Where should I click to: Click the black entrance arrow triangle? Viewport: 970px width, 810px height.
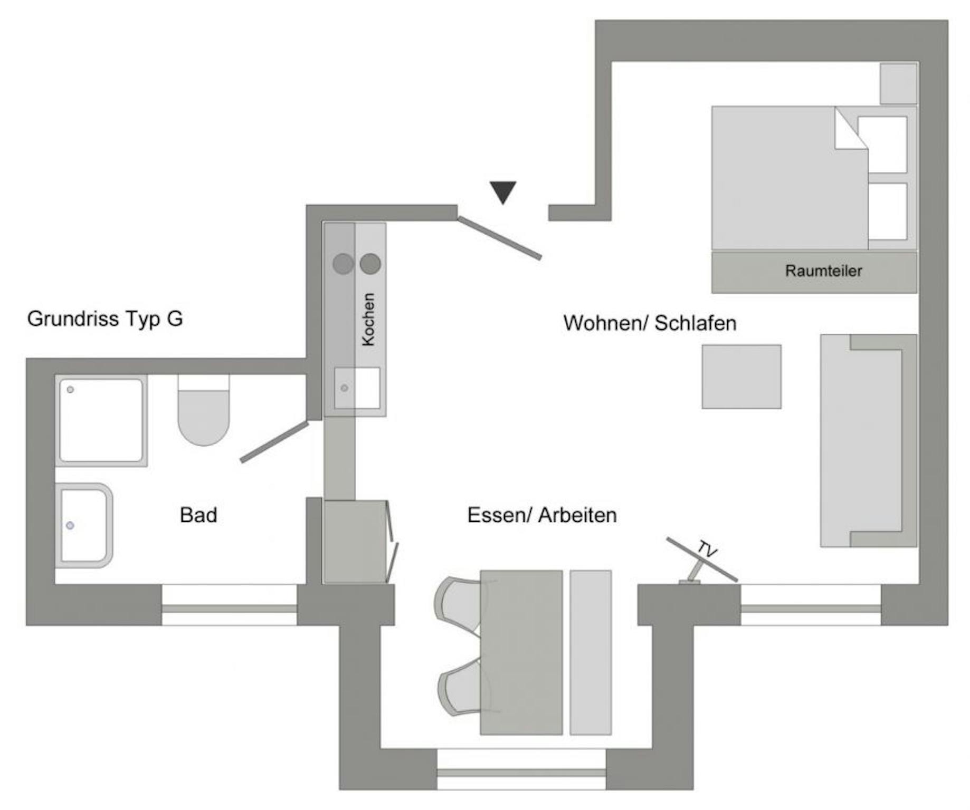[502, 191]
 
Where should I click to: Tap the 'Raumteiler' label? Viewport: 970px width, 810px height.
[823, 271]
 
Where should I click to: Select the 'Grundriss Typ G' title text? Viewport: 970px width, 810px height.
[105, 319]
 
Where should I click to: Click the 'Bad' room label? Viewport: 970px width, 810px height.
[198, 515]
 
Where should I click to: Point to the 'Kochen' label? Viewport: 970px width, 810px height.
[368, 320]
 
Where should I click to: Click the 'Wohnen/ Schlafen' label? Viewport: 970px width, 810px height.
[650, 323]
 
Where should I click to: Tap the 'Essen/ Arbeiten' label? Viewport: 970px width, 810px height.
[542, 515]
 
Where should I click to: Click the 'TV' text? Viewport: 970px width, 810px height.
[707, 549]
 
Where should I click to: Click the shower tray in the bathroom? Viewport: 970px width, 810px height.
[101, 420]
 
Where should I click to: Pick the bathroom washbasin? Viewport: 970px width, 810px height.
[84, 526]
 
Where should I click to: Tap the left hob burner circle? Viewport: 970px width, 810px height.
[343, 264]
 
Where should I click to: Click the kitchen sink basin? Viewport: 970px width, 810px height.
[357, 388]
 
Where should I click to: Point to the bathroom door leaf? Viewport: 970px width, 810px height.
[274, 442]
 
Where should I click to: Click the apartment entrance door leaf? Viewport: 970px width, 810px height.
[499, 238]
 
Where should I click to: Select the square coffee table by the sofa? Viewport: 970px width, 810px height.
[741, 377]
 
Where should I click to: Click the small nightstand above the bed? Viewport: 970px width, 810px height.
[898, 83]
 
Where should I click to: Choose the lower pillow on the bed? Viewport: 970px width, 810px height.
[887, 211]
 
